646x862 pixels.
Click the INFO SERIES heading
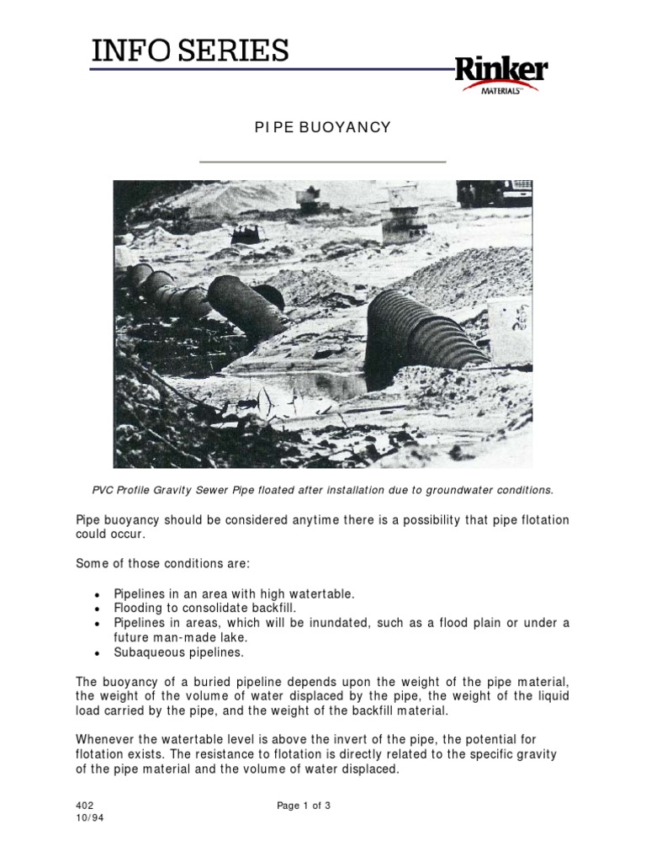click(190, 51)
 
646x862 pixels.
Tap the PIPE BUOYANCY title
click(322, 127)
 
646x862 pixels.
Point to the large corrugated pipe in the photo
click(421, 331)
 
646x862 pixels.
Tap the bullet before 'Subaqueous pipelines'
click(98, 652)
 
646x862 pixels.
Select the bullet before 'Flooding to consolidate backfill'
click(98, 609)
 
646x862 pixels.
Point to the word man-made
click(176, 637)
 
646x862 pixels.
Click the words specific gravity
click(515, 753)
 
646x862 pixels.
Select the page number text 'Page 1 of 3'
click(304, 805)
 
